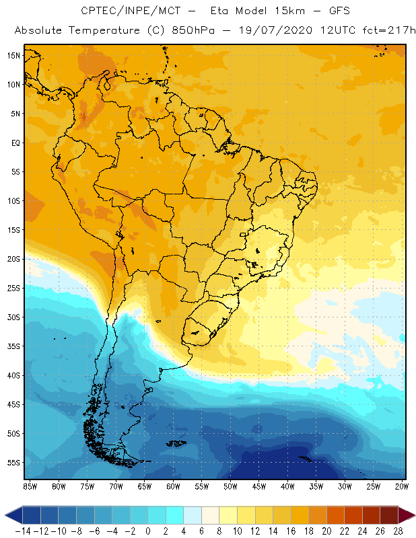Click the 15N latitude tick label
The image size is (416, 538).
[x=14, y=55]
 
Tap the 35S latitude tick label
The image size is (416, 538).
[x=14, y=346]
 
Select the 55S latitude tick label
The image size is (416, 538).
[x=14, y=463]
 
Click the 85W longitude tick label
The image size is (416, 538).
[x=30, y=486]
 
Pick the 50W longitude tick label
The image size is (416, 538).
[x=230, y=486]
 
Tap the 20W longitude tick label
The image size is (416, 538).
[x=402, y=486]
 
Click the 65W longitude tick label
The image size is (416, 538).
[x=144, y=486]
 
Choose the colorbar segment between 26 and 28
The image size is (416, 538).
[x=388, y=515]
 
